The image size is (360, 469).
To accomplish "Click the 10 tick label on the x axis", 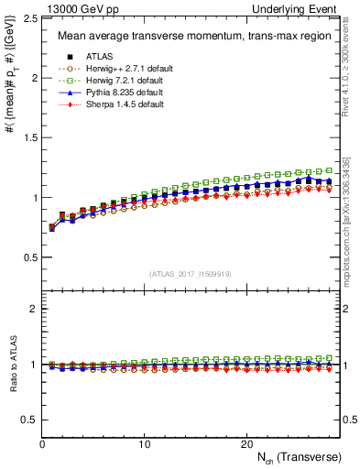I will pyautogui.click(x=144, y=443).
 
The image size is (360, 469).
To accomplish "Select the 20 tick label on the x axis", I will pyautogui.click(x=246, y=443).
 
